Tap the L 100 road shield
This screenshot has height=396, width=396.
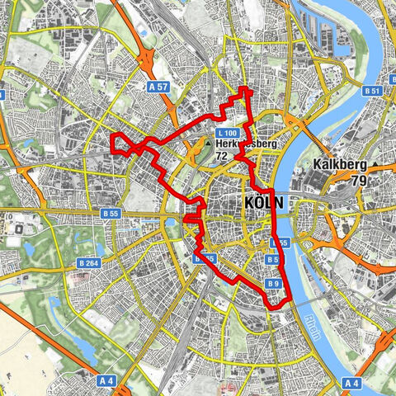pyautogui.click(x=229, y=133)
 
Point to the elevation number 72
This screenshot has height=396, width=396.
pyautogui.click(x=221, y=155)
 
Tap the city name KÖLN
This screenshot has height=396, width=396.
pyautogui.click(x=264, y=202)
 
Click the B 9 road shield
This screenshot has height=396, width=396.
pyautogui.click(x=274, y=284)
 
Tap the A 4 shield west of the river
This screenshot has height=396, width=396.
pyautogui.click(x=106, y=381)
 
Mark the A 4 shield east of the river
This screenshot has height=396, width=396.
pyautogui.click(x=352, y=383)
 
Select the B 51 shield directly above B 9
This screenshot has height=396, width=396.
pyautogui.click(x=272, y=260)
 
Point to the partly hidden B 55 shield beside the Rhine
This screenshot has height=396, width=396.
pyautogui.click(x=281, y=243)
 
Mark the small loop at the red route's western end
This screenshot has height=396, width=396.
pyautogui.click(x=122, y=144)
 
